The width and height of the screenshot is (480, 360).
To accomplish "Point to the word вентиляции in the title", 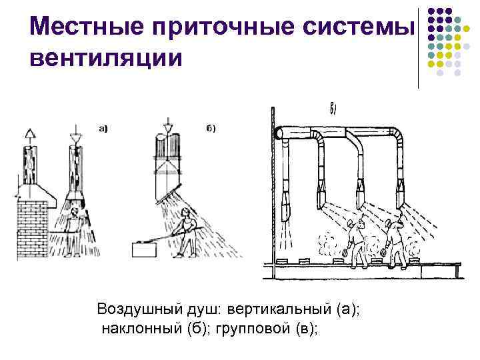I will (105, 58).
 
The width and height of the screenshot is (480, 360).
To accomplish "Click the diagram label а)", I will (103, 129).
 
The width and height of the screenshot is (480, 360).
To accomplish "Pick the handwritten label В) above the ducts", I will (335, 110).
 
